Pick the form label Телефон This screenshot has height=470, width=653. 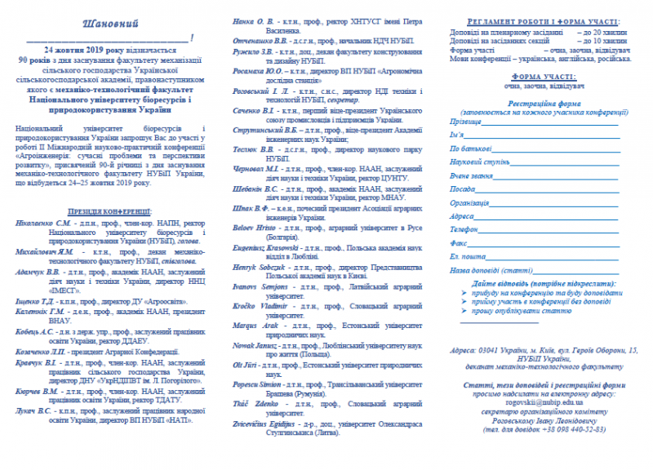coord(465,229)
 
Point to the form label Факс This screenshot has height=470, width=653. coord(458,242)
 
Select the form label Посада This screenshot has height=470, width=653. coord(462,188)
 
